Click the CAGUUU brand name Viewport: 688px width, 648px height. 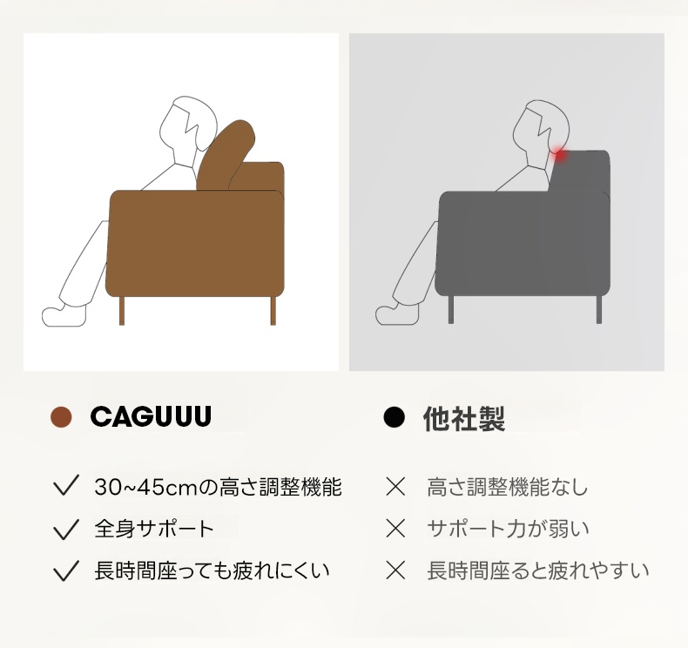click(x=151, y=416)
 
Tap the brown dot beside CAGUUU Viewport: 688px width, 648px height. click(x=61, y=416)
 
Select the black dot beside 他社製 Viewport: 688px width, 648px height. click(x=394, y=417)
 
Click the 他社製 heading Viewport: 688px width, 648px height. click(x=464, y=418)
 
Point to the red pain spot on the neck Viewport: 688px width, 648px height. click(x=559, y=155)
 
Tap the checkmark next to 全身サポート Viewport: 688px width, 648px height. click(x=66, y=529)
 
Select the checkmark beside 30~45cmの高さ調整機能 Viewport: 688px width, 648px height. click(x=66, y=486)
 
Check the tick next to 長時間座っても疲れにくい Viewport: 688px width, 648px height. click(x=66, y=570)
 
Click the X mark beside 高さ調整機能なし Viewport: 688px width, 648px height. click(x=395, y=487)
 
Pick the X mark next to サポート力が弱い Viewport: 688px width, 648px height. click(x=395, y=528)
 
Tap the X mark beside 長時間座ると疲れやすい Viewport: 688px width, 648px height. click(x=395, y=570)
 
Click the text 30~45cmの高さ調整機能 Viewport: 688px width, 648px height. click(x=218, y=487)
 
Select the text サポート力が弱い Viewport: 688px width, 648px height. click(x=508, y=529)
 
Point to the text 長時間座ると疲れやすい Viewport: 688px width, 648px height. click(x=538, y=570)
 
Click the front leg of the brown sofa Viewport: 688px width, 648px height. click(x=122, y=311)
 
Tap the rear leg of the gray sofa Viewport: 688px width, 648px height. click(x=599, y=310)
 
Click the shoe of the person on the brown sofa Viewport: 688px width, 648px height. click(x=64, y=315)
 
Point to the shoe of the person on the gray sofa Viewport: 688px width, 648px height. click(x=397, y=314)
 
